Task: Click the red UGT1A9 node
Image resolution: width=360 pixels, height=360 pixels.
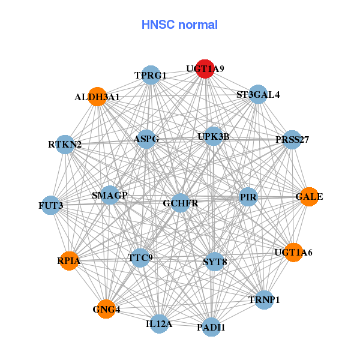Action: [x=205, y=69]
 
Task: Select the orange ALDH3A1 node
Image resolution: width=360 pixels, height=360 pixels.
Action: [x=97, y=97]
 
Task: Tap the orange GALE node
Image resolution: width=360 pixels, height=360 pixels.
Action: [x=308, y=197]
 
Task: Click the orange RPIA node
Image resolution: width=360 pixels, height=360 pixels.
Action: [x=69, y=260]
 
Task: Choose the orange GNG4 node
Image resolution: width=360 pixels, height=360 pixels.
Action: [x=106, y=309]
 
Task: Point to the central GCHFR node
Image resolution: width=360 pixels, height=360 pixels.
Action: [x=180, y=203]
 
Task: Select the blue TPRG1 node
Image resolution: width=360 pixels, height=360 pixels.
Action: [x=151, y=75]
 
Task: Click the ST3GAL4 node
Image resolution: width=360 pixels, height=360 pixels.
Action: [x=257, y=94]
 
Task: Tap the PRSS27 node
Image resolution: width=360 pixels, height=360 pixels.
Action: [x=292, y=140]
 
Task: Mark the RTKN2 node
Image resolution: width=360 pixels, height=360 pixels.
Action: [x=65, y=145]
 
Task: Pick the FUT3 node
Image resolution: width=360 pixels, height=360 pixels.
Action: [x=51, y=206]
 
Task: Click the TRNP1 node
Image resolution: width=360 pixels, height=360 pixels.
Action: [x=264, y=299]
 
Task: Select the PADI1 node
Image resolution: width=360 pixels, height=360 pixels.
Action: [x=211, y=327]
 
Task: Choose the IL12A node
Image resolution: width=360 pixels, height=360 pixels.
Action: [x=159, y=324]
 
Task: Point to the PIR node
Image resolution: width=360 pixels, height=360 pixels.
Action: [x=248, y=197]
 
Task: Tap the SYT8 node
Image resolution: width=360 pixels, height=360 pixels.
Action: [x=215, y=262]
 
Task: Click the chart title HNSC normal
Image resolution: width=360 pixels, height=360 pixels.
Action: [x=179, y=25]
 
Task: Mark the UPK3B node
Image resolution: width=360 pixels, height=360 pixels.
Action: [x=214, y=137]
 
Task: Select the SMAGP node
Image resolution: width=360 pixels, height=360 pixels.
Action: [x=110, y=195]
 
